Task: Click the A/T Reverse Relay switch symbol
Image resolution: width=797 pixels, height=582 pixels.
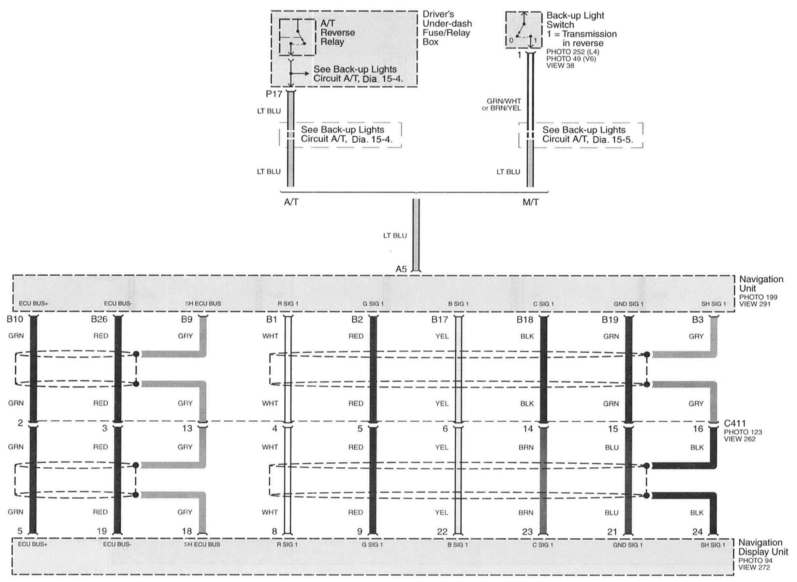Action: [x=297, y=37]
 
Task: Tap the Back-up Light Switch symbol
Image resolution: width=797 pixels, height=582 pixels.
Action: [x=524, y=30]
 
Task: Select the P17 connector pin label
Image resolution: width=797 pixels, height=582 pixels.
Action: [x=274, y=95]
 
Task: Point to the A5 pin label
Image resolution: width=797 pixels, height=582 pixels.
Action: [x=401, y=269]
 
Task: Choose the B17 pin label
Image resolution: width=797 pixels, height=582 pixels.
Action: [x=439, y=320]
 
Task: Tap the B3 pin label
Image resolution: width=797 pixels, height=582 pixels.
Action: [x=697, y=320]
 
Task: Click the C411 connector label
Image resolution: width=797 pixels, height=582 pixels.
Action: [x=735, y=423]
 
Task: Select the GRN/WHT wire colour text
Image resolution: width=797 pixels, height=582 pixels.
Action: [x=504, y=101]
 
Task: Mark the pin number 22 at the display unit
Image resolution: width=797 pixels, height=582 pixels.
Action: [x=442, y=531]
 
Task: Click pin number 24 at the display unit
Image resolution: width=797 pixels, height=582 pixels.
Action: [x=697, y=531]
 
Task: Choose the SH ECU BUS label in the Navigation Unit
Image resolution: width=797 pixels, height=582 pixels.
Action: [x=203, y=303]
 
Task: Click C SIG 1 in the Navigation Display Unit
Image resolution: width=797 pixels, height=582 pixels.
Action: [x=543, y=545]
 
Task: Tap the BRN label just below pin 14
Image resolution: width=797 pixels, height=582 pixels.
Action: [x=526, y=447]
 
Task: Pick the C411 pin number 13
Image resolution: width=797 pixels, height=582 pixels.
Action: [x=187, y=429]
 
